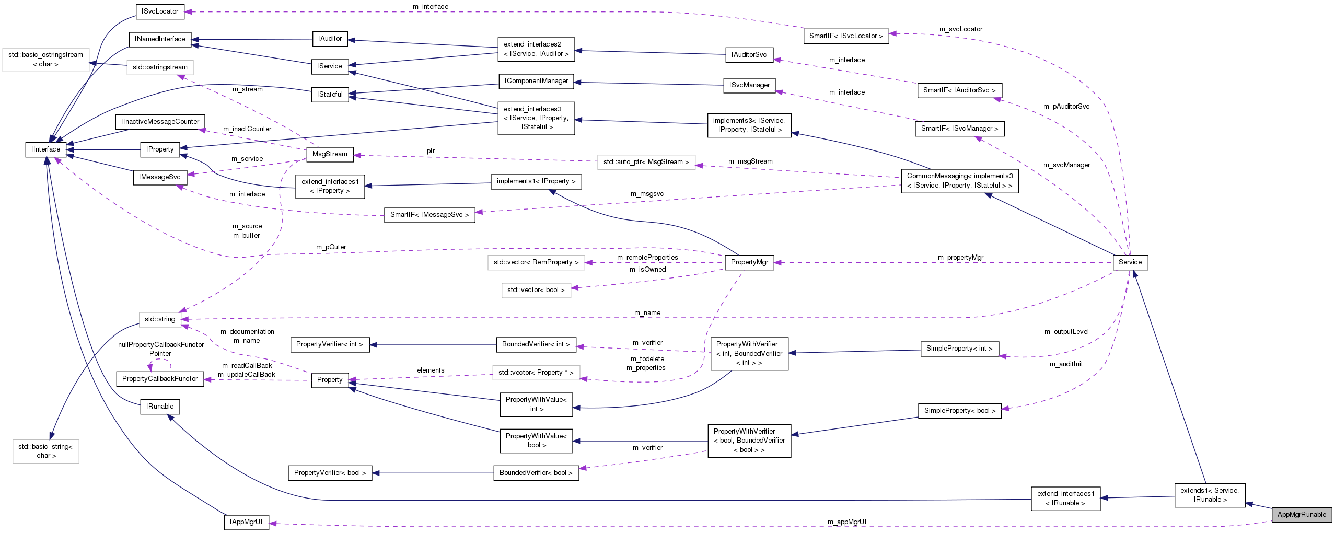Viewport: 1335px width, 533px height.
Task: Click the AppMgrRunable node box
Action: tap(1301, 514)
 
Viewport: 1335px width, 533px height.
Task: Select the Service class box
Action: tap(1130, 262)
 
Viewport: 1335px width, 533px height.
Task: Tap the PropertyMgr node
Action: tap(749, 262)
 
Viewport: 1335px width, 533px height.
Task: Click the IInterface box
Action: tap(46, 149)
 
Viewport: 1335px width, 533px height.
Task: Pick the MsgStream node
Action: tap(330, 154)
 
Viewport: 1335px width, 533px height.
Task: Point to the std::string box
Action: tap(160, 319)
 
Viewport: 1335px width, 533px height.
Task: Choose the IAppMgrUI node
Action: tap(246, 522)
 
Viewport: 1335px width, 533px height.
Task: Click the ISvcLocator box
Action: tap(160, 11)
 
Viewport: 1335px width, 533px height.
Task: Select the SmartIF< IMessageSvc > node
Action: tap(429, 215)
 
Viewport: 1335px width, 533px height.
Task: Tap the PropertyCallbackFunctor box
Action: tap(160, 379)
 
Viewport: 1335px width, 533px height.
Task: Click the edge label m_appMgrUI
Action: tap(846, 522)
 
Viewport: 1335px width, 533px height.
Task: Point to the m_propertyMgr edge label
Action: tap(960, 257)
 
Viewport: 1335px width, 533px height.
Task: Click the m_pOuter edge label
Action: tap(331, 247)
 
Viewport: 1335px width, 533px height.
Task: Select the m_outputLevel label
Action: tap(1066, 331)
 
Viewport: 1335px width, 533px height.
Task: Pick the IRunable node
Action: tap(160, 407)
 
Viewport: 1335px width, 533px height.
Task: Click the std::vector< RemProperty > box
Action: tap(536, 262)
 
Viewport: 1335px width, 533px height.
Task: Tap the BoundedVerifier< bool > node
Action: tap(536, 473)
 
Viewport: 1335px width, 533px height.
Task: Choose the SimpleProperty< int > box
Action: tap(959, 349)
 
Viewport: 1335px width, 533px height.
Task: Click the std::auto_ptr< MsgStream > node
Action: tap(646, 162)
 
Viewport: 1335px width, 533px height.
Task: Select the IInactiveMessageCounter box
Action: tap(160, 122)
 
